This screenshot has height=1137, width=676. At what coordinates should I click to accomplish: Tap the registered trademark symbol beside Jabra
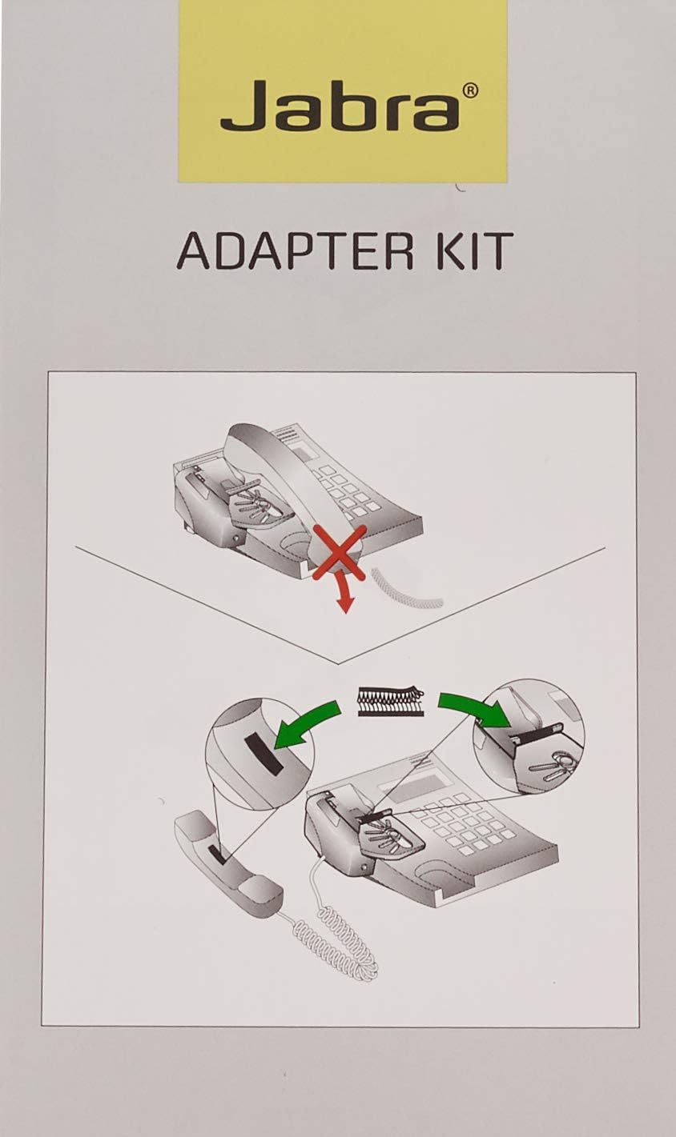tap(471, 90)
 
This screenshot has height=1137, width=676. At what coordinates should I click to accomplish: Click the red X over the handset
tap(339, 553)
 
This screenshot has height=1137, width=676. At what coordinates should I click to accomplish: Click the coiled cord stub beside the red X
tap(407, 590)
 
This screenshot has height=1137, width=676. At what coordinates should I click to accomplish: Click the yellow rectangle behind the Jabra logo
tap(343, 91)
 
